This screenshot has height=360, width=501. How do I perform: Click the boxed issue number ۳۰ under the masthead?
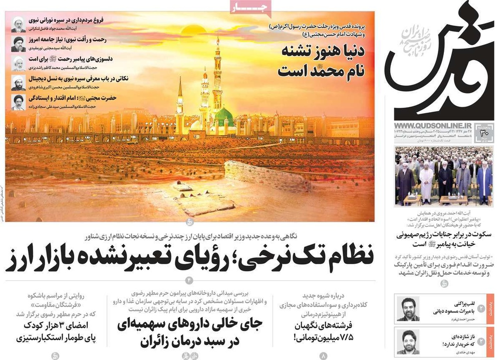click(x=484, y=133)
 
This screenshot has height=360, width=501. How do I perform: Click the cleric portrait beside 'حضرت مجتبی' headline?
click(x=19, y=102)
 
